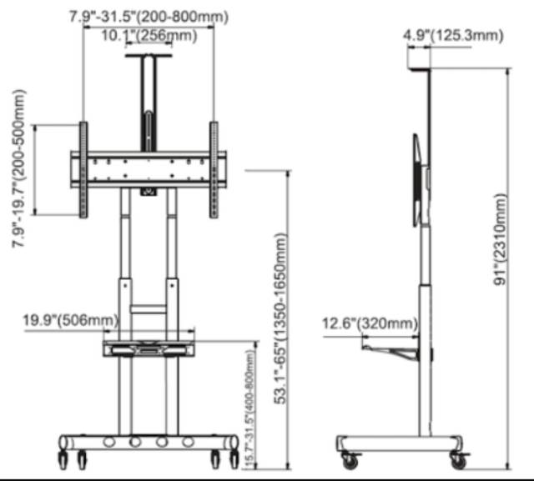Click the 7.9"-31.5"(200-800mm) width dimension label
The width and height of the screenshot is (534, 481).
tap(149, 17)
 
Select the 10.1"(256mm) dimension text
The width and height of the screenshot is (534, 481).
tap(149, 35)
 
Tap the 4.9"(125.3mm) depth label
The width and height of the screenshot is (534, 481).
tap(453, 35)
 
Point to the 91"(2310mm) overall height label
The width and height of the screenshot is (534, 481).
tap(500, 239)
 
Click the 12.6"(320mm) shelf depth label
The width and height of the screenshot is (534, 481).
tap(370, 323)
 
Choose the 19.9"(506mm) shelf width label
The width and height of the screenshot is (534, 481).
tap(70, 320)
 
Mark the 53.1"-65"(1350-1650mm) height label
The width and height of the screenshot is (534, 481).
tap(280, 318)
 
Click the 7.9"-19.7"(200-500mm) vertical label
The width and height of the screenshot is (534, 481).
tap(19, 168)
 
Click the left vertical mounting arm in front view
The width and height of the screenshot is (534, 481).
tap(83, 170)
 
